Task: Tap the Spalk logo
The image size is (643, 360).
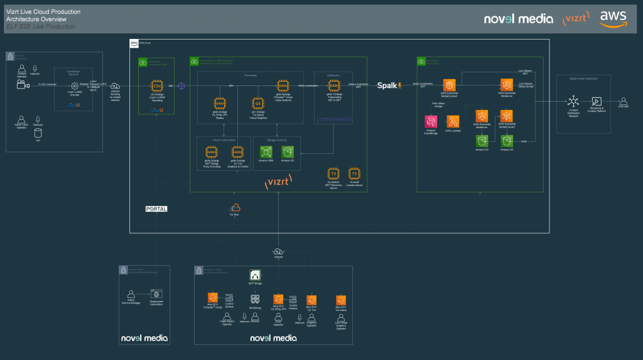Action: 389,85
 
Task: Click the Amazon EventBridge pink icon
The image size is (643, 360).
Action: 431,122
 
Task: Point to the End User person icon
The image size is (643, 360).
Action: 624,101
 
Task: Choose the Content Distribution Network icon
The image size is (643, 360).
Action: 572,101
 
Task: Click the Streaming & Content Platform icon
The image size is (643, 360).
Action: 597,101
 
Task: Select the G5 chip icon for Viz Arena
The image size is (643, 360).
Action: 256,103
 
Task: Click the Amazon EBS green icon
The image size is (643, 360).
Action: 266,151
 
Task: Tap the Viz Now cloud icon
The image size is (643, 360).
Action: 235,208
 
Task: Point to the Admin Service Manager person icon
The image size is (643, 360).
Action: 131,293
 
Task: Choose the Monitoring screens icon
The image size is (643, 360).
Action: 256,300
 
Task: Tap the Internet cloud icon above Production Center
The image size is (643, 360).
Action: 278,251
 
